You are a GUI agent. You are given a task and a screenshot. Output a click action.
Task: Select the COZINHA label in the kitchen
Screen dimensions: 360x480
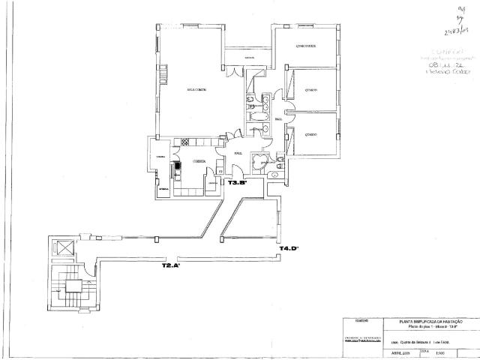pyautogui.click(x=198, y=161)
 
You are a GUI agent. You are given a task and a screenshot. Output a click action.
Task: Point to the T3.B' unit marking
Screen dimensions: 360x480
pyautogui.click(x=238, y=182)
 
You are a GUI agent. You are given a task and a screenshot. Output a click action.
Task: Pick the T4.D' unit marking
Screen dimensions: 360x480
pyautogui.click(x=289, y=247)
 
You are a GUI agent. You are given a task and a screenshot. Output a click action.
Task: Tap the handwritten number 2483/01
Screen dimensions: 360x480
pyautogui.click(x=457, y=31)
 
